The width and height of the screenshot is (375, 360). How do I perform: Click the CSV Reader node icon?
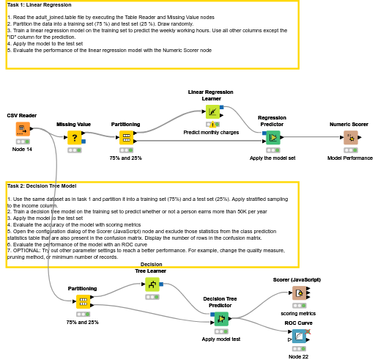pyautogui.click(x=23, y=130)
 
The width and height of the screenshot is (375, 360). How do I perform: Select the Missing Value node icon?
pyautogui.click(x=74, y=137)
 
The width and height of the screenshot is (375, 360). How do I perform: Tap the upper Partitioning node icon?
pyautogui.click(x=126, y=137)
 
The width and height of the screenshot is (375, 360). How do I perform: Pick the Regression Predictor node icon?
pyautogui.click(x=272, y=137)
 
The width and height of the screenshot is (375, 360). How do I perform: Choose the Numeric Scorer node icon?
pyautogui.click(x=350, y=137)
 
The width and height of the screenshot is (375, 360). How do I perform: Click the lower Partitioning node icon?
pyautogui.click(x=82, y=301)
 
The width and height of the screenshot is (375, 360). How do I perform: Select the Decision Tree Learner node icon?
pyautogui.click(x=152, y=284)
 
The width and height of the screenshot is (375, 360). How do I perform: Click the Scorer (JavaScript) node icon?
pyautogui.click(x=298, y=293)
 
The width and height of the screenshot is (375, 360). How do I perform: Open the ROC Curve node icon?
pyautogui.click(x=298, y=337)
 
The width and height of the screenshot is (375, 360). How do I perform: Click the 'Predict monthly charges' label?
pyautogui.click(x=211, y=132)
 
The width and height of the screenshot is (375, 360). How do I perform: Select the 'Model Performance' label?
pyautogui.click(x=349, y=158)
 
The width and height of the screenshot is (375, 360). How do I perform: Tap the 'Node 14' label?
pyautogui.click(x=23, y=149)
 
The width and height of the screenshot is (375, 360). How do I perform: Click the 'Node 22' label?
pyautogui.click(x=298, y=356)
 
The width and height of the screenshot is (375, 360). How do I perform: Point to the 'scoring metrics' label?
pyautogui.click(x=298, y=313)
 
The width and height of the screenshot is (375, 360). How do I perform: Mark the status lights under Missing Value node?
pyautogui.click(x=74, y=150)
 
